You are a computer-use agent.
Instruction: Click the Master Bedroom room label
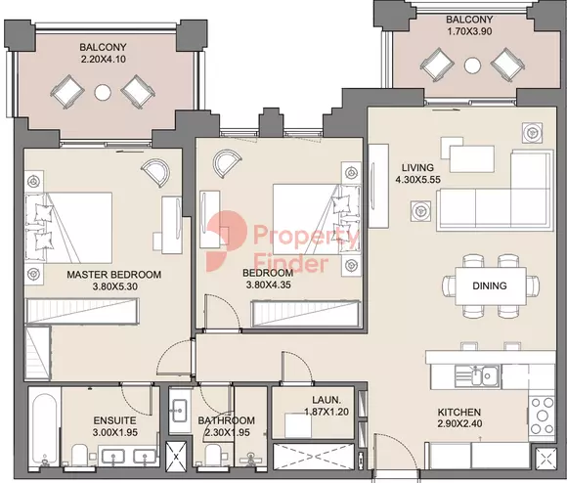coord(114,275)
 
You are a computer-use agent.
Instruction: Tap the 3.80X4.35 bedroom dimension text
coord(268,285)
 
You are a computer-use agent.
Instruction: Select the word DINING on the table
coord(490,285)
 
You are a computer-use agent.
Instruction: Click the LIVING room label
coord(417,168)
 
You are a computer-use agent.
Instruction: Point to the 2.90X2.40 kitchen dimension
coord(459,423)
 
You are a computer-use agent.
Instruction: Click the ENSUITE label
coord(114,420)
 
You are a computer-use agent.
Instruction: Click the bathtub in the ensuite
coord(44,429)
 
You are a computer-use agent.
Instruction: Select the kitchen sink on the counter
coord(477,376)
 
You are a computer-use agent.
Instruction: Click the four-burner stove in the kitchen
coord(542,416)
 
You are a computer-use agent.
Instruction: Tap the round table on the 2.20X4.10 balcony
coord(103,93)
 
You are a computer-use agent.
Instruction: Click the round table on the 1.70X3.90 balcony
coord(472,66)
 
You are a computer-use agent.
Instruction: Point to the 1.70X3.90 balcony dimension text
coord(469,31)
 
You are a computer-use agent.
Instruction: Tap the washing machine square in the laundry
coord(298,425)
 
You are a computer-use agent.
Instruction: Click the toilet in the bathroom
coord(213,456)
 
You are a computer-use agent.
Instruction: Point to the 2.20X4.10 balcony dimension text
coord(104,59)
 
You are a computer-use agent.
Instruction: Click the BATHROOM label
coord(227,420)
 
